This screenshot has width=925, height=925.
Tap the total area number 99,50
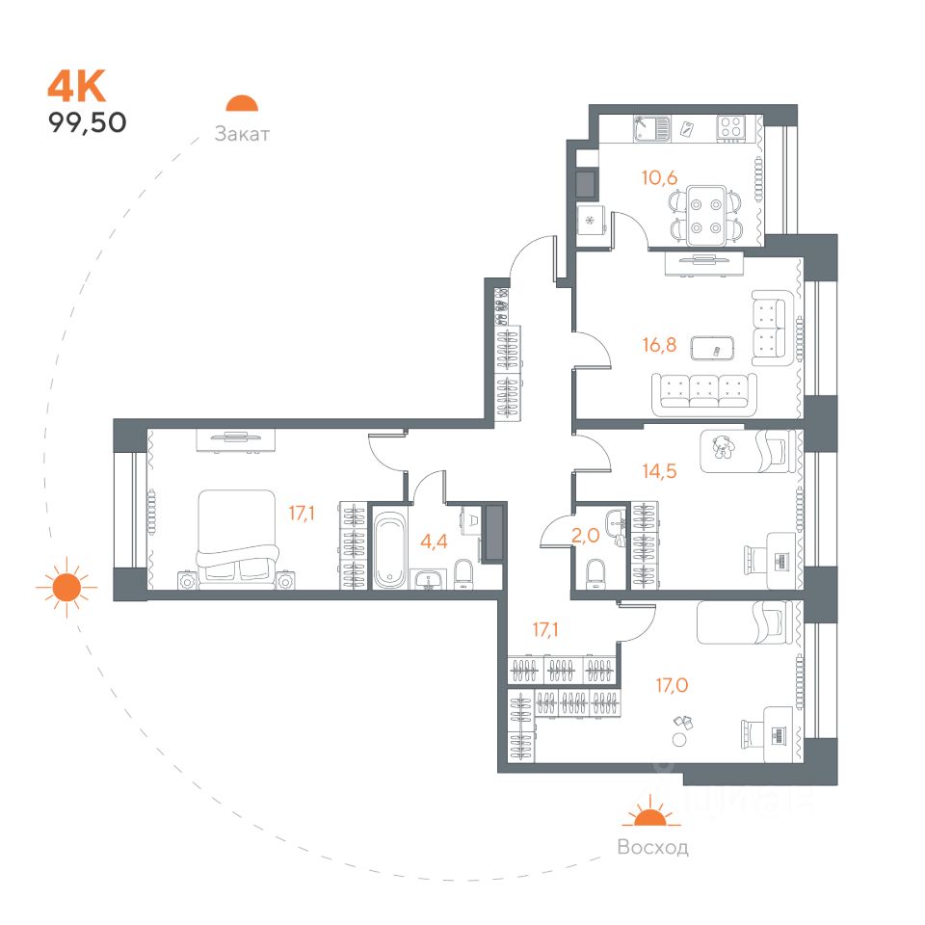[x=88, y=122]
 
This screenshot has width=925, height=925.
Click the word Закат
[x=242, y=134]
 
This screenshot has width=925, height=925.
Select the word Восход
[x=652, y=848]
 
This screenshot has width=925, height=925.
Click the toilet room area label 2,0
[x=586, y=536]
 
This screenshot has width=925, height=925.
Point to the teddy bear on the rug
[x=720, y=446]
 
